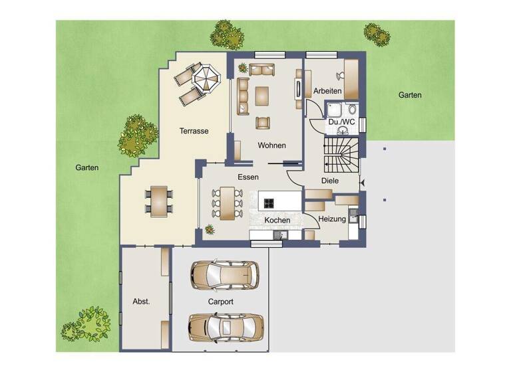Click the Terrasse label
point(194,132)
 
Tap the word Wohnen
point(271,145)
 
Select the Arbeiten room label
point(327,91)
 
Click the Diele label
point(330,180)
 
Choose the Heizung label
point(331,219)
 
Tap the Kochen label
point(277,220)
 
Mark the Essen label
point(248,177)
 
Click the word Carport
point(220,302)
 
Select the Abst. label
point(141,301)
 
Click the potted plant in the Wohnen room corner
point(242,68)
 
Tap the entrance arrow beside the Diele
point(361,181)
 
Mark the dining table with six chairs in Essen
point(228,203)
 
